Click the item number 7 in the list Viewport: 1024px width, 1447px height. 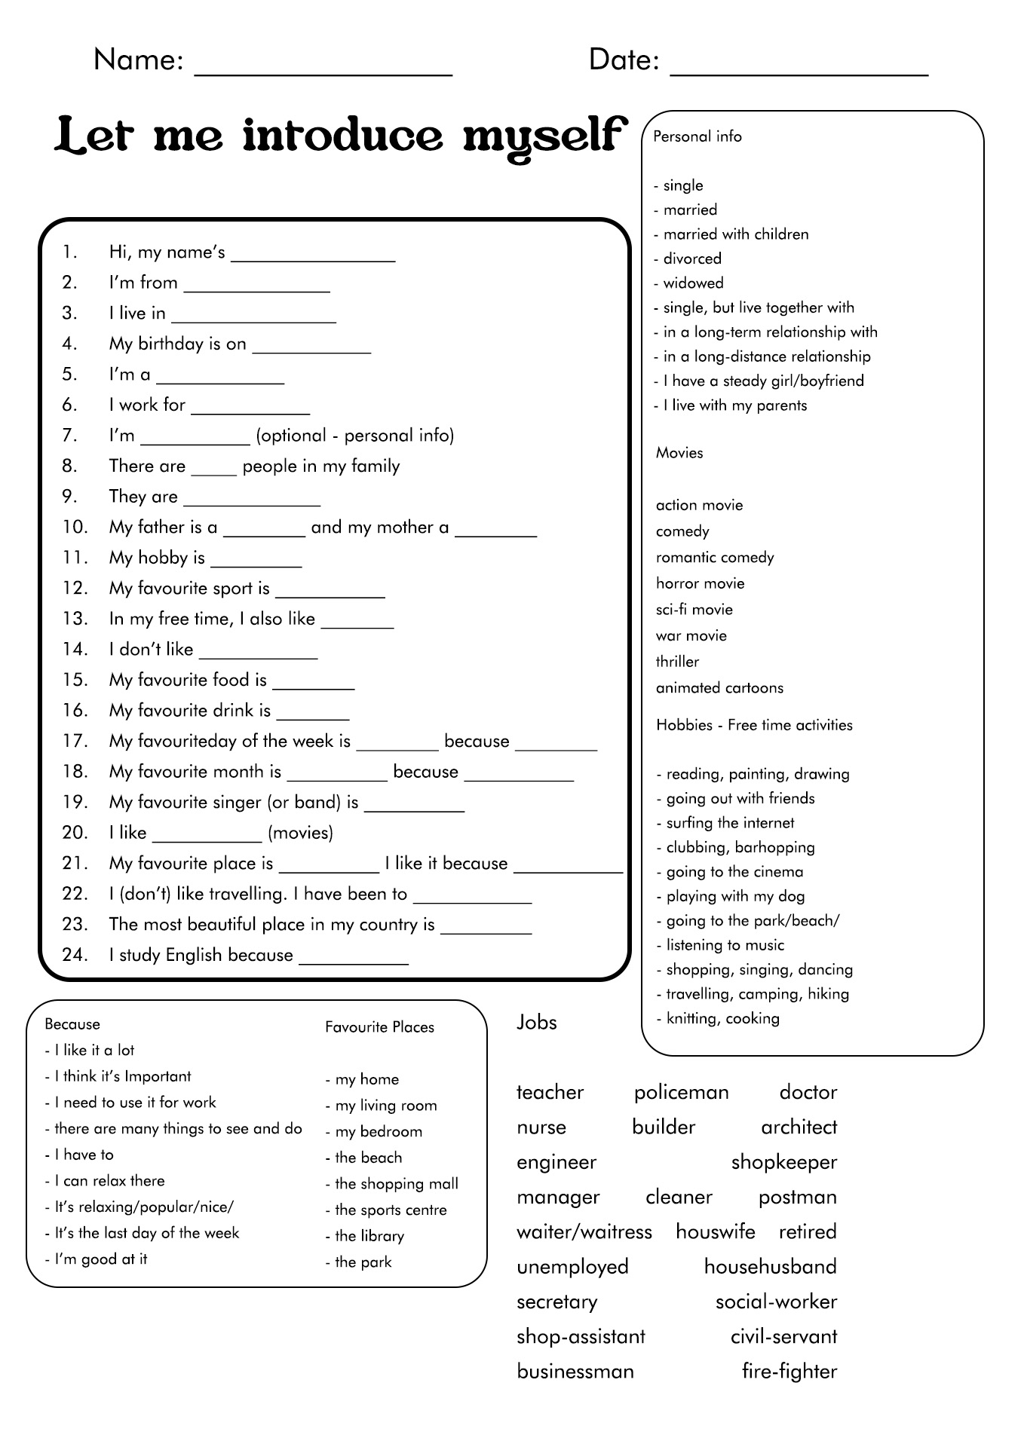70,436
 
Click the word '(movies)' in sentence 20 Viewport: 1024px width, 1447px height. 300,833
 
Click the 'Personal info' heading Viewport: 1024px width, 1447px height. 697,136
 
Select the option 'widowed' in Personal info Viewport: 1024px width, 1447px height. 693,283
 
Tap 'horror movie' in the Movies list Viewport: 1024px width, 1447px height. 700,583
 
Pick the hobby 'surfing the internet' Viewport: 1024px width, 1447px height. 730,823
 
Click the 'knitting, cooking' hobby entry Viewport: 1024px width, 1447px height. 722,1019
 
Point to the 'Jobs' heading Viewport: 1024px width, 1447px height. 537,1023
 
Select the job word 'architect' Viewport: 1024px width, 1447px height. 799,1127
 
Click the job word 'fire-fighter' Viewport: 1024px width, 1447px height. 789,1372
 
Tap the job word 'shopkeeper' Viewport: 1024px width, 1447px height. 784,1162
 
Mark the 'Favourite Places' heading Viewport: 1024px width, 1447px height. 380,1027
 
